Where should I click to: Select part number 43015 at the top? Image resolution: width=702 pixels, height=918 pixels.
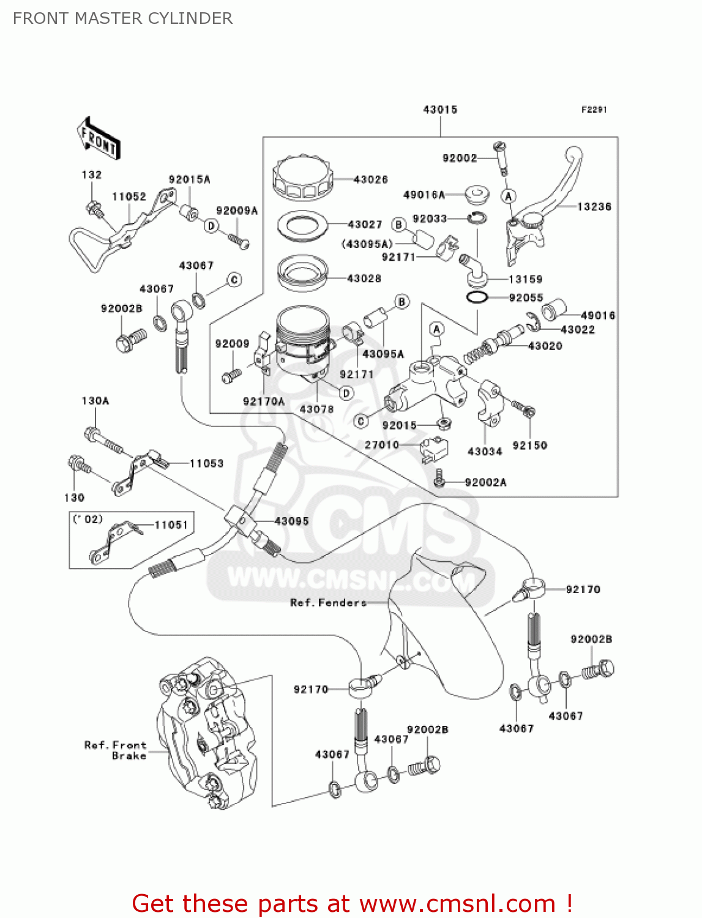[440, 110]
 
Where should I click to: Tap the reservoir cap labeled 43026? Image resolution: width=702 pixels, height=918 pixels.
[302, 178]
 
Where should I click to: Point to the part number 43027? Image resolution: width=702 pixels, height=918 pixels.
[365, 225]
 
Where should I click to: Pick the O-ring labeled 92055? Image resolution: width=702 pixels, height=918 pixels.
[477, 298]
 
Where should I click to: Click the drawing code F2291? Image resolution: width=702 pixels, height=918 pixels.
[594, 110]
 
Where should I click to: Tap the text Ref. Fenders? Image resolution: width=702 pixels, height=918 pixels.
[328, 603]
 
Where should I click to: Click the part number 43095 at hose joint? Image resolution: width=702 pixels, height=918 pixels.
[291, 521]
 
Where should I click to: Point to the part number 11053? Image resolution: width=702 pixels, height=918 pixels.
[206, 463]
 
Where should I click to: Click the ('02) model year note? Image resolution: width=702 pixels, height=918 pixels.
[88, 519]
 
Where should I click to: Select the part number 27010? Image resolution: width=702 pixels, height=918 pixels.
[382, 445]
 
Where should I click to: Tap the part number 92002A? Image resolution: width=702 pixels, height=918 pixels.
[485, 482]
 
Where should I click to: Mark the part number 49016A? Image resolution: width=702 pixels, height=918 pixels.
[424, 195]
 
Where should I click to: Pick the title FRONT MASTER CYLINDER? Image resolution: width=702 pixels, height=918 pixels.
[122, 18]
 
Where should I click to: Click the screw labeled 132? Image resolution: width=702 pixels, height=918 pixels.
[94, 207]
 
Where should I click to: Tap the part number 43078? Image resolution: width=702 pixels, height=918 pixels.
[316, 409]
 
